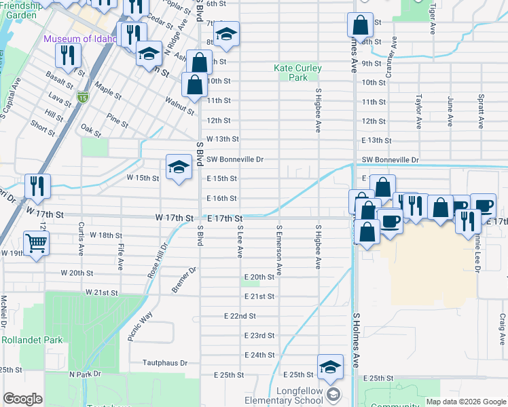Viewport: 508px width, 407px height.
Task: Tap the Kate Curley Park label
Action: tap(297, 73)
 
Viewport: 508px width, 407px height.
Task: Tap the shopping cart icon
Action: tap(37, 243)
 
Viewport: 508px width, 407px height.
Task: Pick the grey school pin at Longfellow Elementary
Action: tap(332, 394)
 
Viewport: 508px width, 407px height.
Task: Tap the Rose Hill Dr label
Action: tap(156, 260)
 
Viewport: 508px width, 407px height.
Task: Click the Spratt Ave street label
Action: tap(481, 111)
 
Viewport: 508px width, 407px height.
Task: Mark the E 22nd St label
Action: tap(240, 316)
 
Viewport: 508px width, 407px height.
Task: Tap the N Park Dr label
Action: tap(84, 374)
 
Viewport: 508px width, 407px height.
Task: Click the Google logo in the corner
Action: tap(23, 399)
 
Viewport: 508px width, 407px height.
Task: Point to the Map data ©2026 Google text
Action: tap(465, 402)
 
